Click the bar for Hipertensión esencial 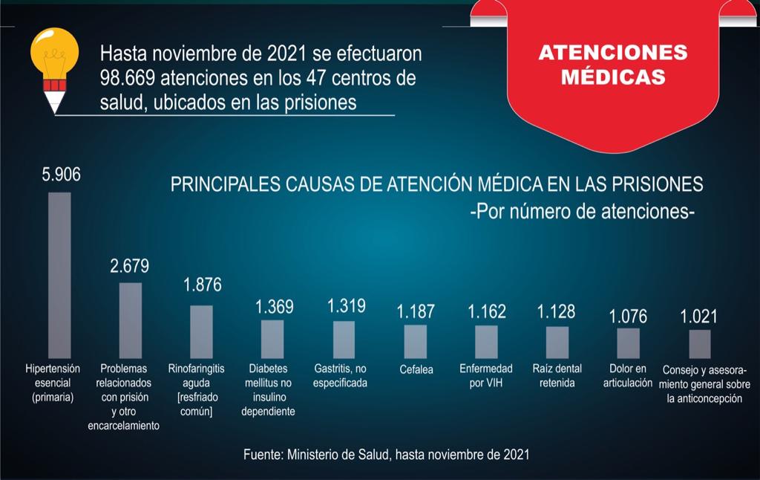[59, 275]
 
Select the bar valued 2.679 [131, 320]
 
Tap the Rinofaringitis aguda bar [201, 331]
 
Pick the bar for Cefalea [416, 342]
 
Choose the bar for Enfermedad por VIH [487, 342]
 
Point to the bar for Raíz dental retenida [557, 343]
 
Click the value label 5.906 [61, 175]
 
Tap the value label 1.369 [274, 306]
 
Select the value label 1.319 [345, 305]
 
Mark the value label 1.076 [628, 316]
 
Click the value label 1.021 [699, 317]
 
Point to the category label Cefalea [415, 369]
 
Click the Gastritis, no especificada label [344, 376]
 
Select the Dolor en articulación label [628, 376]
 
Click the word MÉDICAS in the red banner [613, 77]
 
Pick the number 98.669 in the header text [129, 78]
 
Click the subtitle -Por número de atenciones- [583, 211]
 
